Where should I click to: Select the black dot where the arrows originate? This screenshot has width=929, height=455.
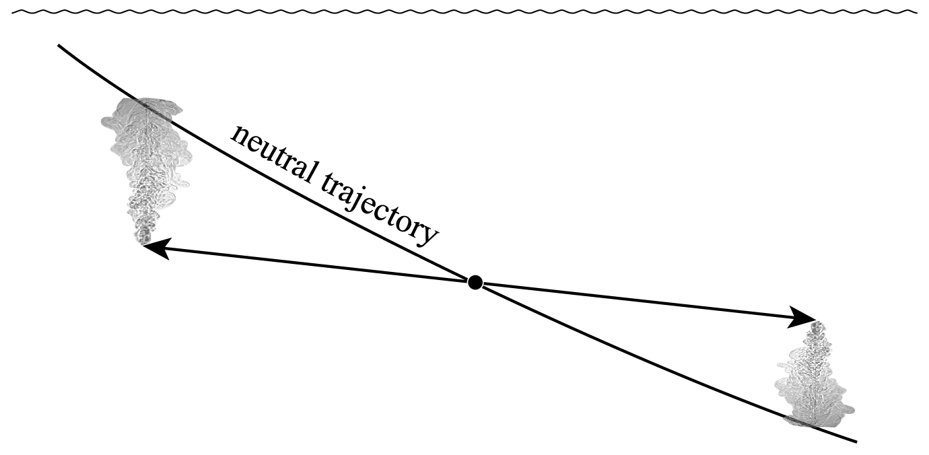[475, 283]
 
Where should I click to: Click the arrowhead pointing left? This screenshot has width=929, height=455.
[155, 248]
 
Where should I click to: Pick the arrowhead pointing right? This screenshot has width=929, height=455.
[802, 317]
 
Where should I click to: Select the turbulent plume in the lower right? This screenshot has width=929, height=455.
[815, 380]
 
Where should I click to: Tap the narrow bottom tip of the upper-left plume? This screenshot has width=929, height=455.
[143, 237]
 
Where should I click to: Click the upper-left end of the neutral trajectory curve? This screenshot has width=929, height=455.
[59, 45]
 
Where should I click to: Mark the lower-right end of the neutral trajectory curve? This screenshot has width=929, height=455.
[856, 442]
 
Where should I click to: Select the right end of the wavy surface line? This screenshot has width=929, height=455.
[916, 11]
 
